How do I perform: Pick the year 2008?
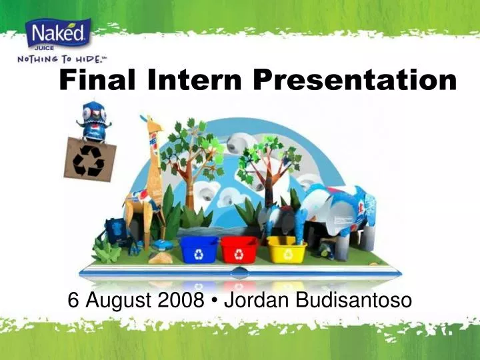[181, 301]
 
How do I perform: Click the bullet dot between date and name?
[214, 302]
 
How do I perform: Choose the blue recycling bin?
[199, 249]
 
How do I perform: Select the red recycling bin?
[239, 249]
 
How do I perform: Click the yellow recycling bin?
[286, 249]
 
